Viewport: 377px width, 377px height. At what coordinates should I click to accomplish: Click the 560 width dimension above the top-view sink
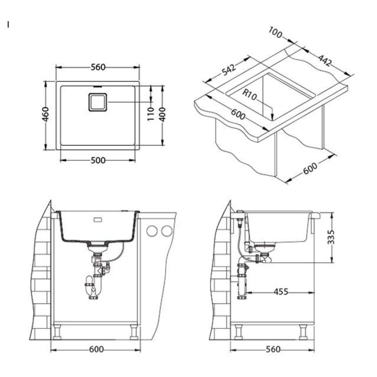tap(98, 67)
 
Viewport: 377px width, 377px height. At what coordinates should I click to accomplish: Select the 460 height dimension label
tap(45, 114)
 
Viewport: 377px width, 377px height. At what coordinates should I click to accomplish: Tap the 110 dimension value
tap(151, 114)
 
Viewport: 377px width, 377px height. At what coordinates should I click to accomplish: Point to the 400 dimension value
tap(162, 114)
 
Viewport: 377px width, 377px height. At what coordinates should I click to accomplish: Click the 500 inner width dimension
tap(98, 160)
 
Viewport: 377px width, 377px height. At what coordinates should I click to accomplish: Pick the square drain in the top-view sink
tap(98, 102)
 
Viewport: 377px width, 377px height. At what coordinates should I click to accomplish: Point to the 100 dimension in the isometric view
tap(275, 33)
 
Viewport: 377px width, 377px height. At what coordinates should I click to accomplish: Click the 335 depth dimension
tap(332, 237)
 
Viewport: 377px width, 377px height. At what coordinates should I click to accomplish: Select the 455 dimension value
tap(281, 292)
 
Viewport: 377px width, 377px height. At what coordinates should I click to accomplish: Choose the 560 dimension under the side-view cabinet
tap(273, 349)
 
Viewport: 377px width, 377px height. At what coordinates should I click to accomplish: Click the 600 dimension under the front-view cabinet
tap(96, 349)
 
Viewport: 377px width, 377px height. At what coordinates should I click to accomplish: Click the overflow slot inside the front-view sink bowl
tap(98, 220)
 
